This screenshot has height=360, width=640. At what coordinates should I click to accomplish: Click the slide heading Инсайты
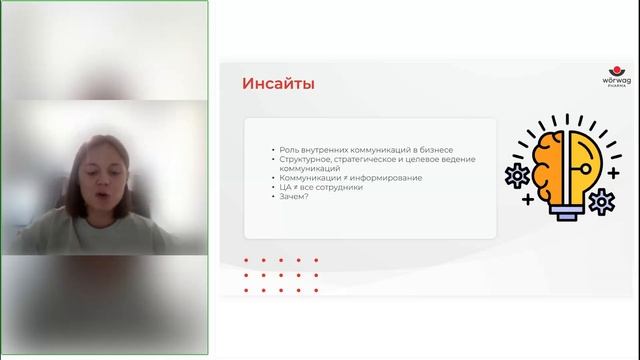pos(279,83)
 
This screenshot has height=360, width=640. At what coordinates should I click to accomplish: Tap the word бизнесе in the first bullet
pos(433,149)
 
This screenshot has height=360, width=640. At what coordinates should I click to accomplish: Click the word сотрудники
pos(339,187)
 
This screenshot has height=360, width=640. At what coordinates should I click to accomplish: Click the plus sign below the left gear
pos(526,200)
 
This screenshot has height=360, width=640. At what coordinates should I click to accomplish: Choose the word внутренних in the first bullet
pos(325,149)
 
